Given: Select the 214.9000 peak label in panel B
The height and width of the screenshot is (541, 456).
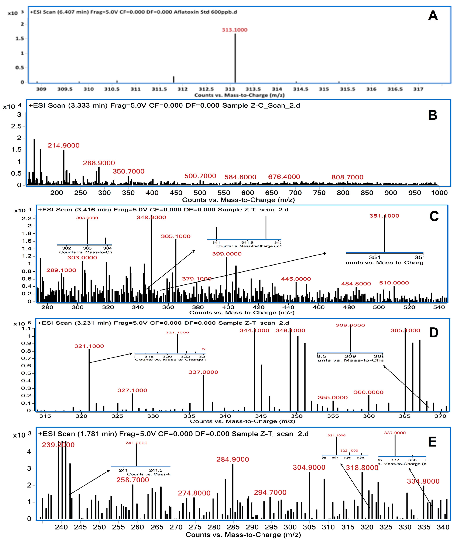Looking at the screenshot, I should point(63,145).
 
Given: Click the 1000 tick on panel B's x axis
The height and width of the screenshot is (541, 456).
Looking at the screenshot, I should point(439,193).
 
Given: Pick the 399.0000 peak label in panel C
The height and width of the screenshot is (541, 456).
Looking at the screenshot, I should point(227,254).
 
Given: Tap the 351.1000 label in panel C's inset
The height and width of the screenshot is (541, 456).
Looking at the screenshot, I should point(384,216).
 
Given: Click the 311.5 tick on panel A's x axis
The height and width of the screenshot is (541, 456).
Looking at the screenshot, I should point(159,89).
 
